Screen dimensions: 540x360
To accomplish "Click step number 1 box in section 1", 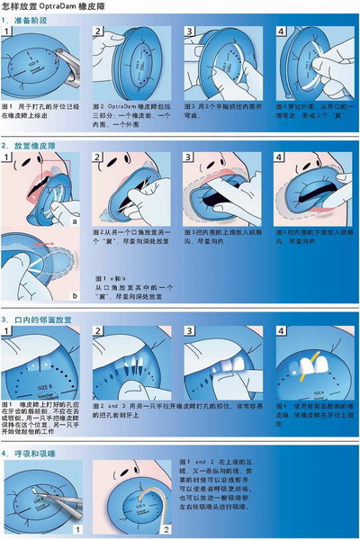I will click(9, 32).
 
